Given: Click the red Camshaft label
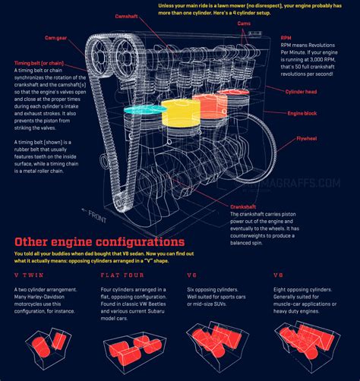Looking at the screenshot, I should [x=126, y=16].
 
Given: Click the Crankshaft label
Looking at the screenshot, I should [x=247, y=206].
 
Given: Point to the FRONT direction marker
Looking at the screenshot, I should [x=96, y=215].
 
